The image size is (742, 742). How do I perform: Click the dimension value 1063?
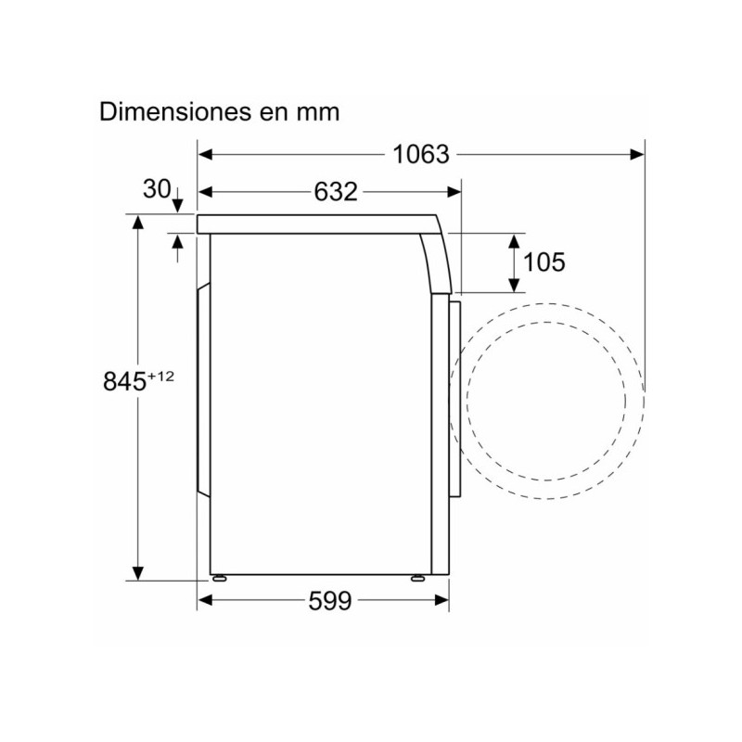pyautogui.click(x=420, y=154)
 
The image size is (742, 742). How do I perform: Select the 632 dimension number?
pyautogui.click(x=335, y=192)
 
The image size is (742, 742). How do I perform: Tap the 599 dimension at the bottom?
pyautogui.click(x=330, y=601)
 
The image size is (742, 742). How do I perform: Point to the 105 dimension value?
pyautogui.click(x=544, y=262)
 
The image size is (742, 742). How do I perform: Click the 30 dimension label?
pyautogui.click(x=157, y=189)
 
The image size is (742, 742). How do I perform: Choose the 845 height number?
pyautogui.click(x=123, y=381)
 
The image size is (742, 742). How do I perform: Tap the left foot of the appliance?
pyautogui.click(x=220, y=577)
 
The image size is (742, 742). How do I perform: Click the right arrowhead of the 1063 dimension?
pyautogui.click(x=637, y=154)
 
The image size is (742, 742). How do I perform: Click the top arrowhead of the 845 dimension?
pyautogui.click(x=138, y=222)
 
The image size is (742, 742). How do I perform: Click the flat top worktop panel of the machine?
pyautogui.click(x=315, y=224)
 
